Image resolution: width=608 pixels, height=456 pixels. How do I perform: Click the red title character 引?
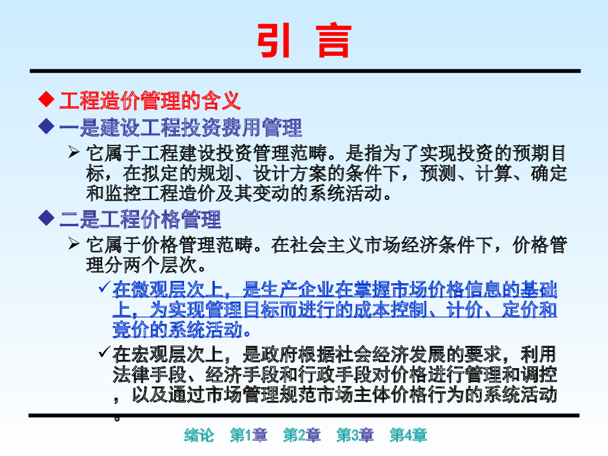point(274,40)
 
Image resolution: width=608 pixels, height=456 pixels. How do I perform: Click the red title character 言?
point(334,40)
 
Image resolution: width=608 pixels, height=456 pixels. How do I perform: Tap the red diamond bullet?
point(46,99)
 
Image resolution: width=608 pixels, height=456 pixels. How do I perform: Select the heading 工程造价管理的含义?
point(150,100)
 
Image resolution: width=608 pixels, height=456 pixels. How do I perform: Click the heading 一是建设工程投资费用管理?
point(180,128)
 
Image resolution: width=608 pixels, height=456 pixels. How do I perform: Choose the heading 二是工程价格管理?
point(140,219)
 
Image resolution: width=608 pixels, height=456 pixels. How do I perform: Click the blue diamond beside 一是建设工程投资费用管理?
point(46,126)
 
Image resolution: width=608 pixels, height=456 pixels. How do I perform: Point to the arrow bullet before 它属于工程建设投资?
point(74,152)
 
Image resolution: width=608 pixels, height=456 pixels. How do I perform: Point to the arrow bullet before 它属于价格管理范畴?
point(74,243)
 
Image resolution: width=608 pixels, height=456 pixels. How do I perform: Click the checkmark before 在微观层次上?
point(104,287)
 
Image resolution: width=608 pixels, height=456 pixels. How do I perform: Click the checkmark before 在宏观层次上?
point(104,351)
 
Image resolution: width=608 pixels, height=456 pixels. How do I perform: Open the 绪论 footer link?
point(199,435)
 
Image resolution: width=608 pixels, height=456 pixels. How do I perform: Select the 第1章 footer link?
point(249,435)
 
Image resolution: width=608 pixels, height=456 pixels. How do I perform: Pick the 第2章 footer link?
point(302,435)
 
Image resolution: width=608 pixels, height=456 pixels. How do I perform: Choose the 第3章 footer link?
point(355,435)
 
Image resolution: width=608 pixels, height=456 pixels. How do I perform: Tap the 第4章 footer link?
point(408,435)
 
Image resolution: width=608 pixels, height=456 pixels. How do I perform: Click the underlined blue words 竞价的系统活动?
point(178,330)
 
